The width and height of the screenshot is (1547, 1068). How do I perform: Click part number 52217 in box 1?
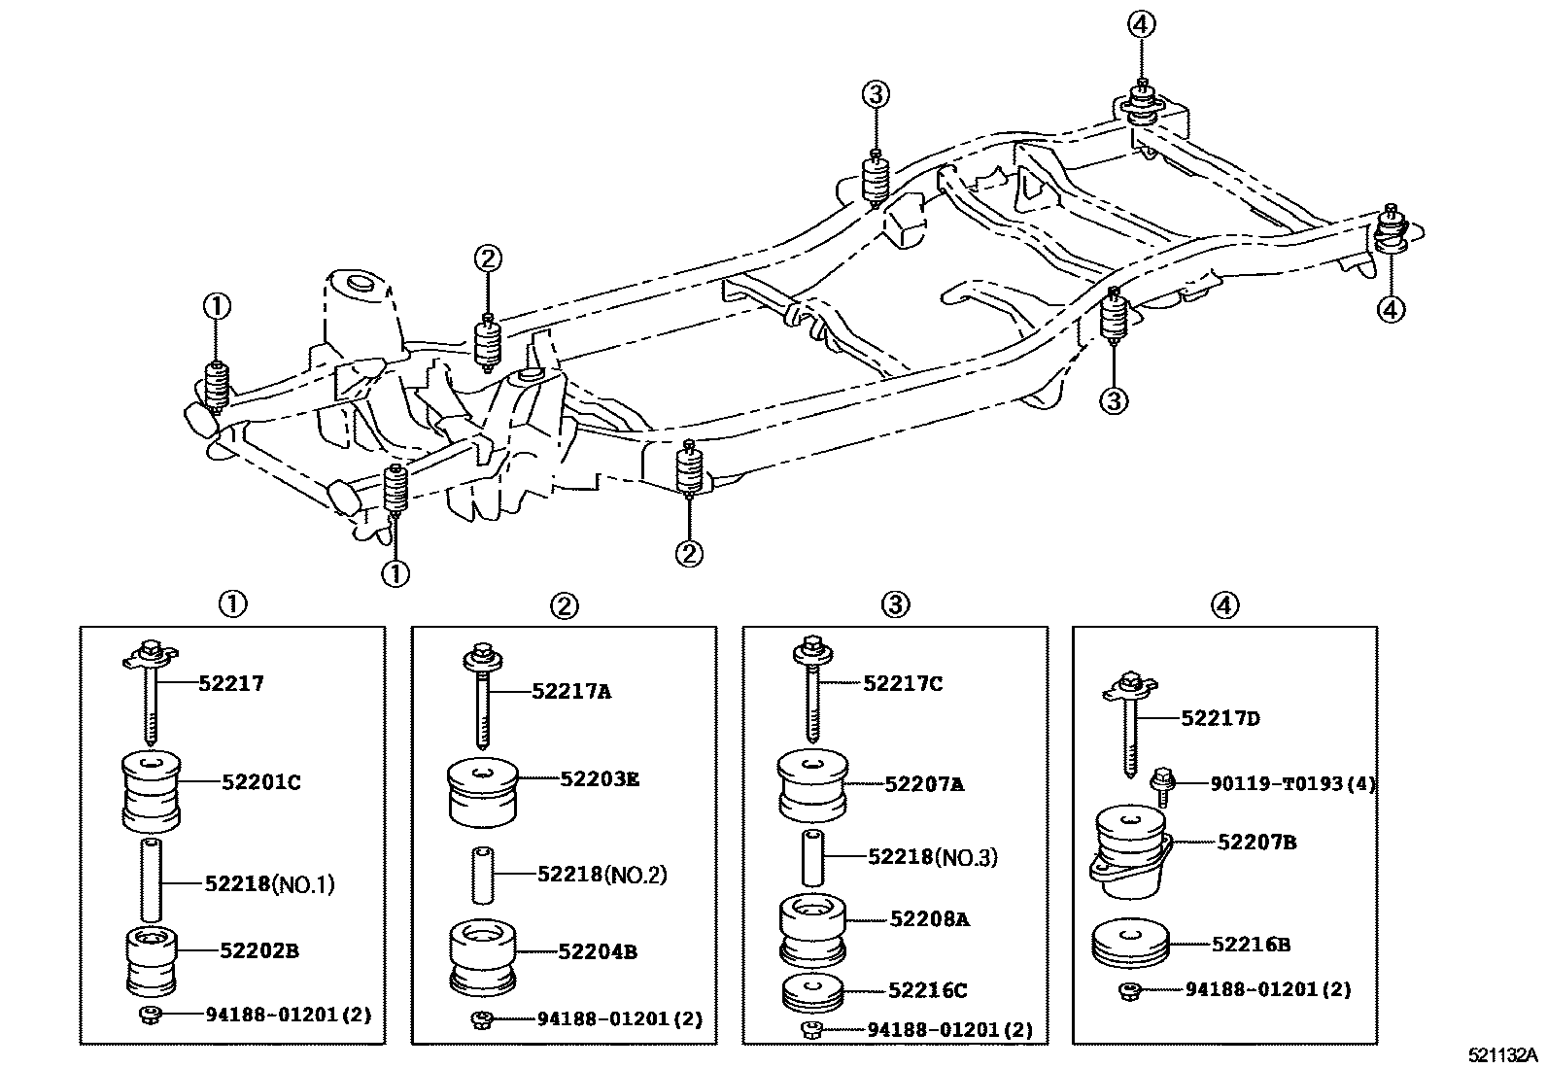(x=231, y=683)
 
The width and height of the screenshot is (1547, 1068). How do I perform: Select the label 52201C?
(x=260, y=781)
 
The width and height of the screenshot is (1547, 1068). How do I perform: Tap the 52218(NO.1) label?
(x=269, y=883)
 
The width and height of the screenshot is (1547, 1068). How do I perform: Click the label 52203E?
(x=600, y=778)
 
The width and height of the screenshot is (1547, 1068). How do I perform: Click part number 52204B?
(x=597, y=951)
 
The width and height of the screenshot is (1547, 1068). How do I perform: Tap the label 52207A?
(x=924, y=783)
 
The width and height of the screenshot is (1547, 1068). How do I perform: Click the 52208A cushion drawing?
(x=814, y=927)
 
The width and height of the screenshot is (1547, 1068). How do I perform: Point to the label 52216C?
(x=927, y=990)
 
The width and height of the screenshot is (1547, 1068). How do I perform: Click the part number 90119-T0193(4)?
(x=1292, y=782)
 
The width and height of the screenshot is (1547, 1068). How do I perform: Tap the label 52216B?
(x=1251, y=943)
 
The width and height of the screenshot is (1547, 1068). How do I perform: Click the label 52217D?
(x=1220, y=718)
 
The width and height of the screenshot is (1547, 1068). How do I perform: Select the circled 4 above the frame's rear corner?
(x=1142, y=24)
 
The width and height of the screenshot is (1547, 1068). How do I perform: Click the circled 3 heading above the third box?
(x=895, y=604)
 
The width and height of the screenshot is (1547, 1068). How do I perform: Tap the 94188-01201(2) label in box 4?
(x=1267, y=989)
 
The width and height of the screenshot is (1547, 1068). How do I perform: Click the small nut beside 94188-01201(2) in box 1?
(x=150, y=1016)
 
